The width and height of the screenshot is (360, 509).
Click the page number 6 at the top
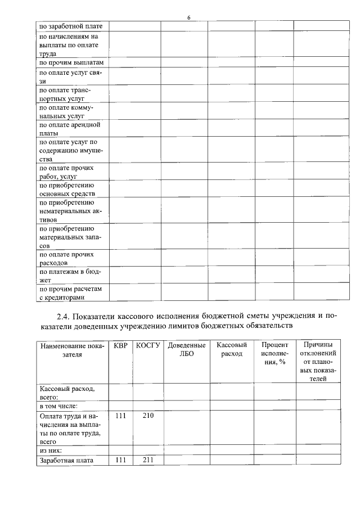pyautogui.click(x=189, y=19)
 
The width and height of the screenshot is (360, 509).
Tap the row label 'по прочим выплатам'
pyautogui.click(x=71, y=62)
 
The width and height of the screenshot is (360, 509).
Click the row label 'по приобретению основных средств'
pyautogui.click(x=66, y=190)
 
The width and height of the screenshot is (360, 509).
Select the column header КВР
pyautogui.click(x=120, y=345)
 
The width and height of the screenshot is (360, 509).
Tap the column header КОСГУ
pyautogui.click(x=148, y=345)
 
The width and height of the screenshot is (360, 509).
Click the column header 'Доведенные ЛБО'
pyautogui.click(x=187, y=349)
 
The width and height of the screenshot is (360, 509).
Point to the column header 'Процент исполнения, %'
pyautogui.click(x=275, y=353)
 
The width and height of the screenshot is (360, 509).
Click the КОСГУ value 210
pyautogui.click(x=148, y=416)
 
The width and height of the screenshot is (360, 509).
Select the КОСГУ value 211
pyautogui.click(x=148, y=460)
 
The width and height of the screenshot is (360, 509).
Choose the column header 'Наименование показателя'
pyautogui.click(x=72, y=349)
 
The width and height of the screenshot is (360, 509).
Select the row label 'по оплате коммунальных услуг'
pyautogui.click(x=66, y=111)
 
